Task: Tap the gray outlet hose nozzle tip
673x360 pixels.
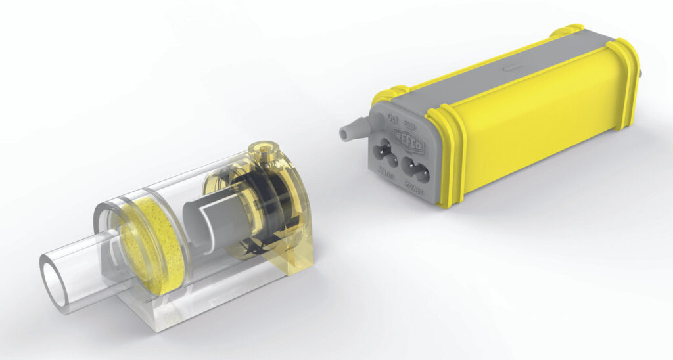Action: point(344,133)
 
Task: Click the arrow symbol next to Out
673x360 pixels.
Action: point(407,124)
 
